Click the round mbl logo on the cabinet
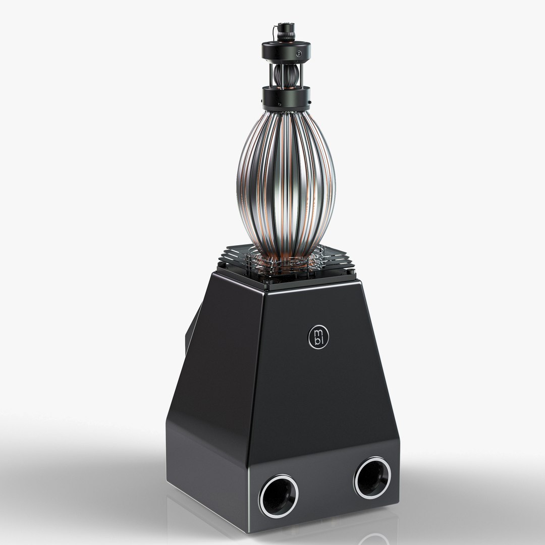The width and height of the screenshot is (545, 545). (x=318, y=337)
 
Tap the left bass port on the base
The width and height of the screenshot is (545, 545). (x=278, y=496)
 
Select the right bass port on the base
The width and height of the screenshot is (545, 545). (x=372, y=477)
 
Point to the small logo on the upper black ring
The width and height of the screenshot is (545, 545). (x=300, y=53)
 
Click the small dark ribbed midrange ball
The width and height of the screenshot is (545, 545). (x=286, y=74)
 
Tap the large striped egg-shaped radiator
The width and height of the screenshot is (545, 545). (x=286, y=182)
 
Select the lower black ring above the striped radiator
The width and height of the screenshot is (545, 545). (x=286, y=97)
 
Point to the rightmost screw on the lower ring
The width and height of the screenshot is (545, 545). (x=308, y=105)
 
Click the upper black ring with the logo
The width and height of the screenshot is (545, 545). (x=286, y=51)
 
